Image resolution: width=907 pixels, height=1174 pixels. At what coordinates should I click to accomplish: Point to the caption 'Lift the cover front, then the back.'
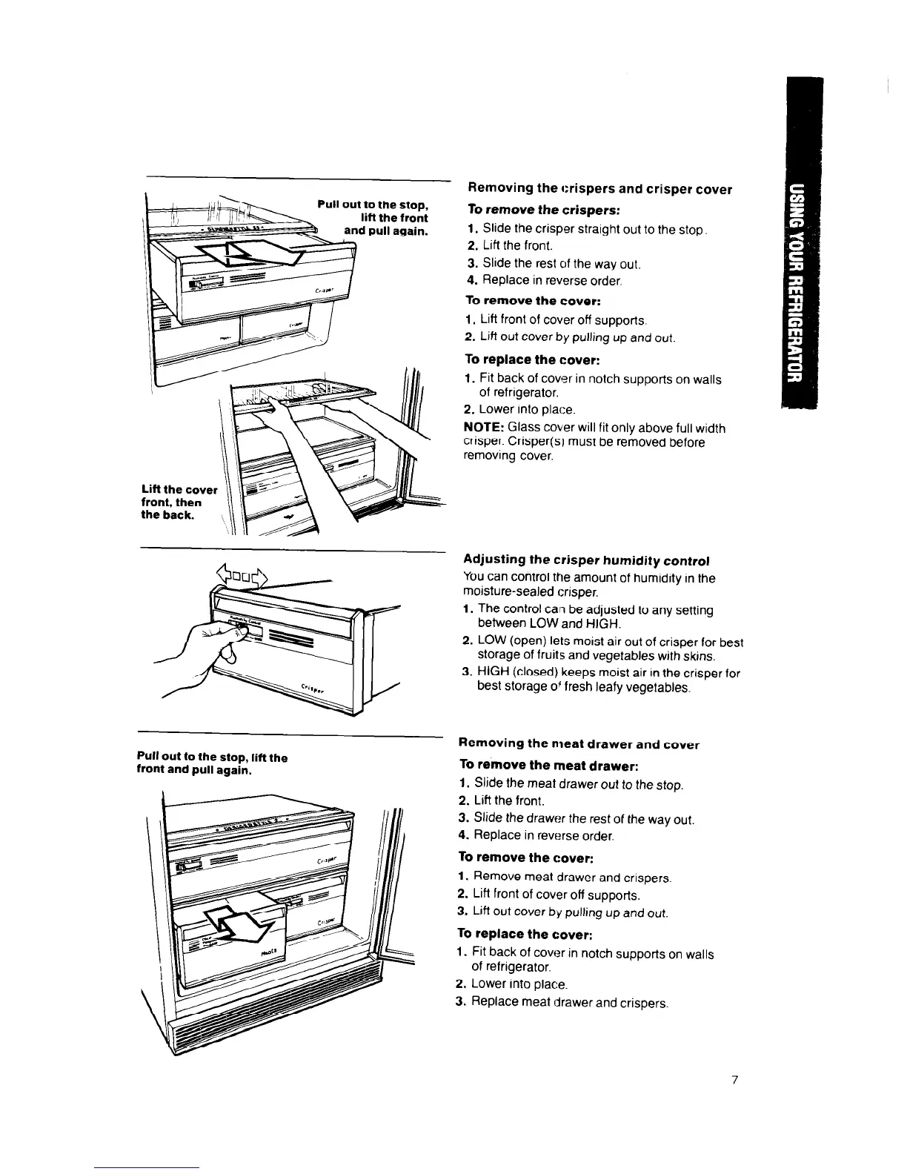coord(179,502)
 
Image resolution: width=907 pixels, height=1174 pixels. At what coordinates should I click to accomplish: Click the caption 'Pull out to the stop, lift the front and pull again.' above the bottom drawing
coord(212,763)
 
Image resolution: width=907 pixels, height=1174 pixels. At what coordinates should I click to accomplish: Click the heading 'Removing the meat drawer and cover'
coord(579,744)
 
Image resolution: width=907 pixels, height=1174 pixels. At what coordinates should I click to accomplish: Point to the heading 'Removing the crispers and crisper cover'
coord(598,189)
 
